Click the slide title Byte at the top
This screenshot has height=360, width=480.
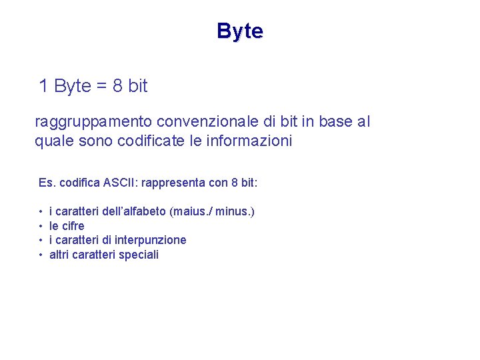[x=240, y=31]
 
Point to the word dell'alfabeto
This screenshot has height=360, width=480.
[x=134, y=211]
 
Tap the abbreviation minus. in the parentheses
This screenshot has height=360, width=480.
[x=234, y=211]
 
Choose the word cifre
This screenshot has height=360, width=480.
[x=73, y=226]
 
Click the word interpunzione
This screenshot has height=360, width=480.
[x=151, y=240]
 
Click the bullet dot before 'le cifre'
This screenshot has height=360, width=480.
[x=41, y=226]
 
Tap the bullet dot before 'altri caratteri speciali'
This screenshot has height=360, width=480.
[x=41, y=255]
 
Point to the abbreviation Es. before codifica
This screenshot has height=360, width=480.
[x=46, y=182]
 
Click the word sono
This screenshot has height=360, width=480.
[x=87, y=141]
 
